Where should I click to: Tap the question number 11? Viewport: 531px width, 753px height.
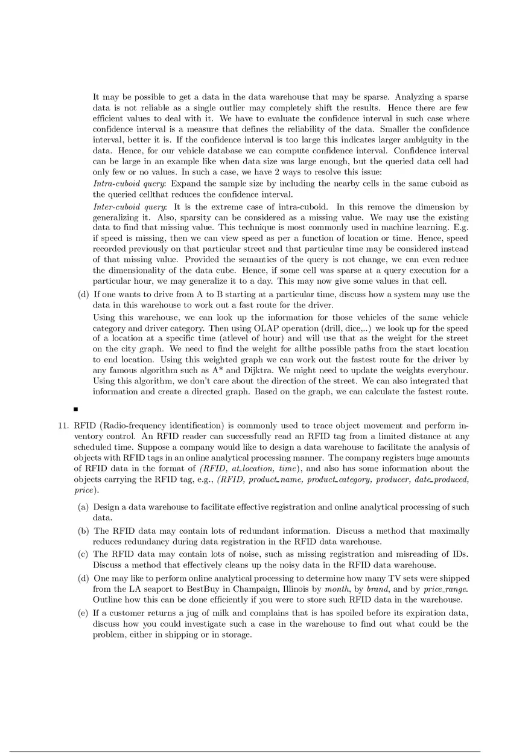62,426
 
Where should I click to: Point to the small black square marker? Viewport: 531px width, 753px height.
75,409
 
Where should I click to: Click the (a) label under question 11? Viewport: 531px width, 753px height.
84,507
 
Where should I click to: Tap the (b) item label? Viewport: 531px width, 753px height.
84,531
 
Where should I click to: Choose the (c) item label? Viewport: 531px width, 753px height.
84,554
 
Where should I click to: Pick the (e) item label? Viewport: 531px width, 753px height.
84,614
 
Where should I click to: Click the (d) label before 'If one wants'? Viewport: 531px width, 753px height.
84,295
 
